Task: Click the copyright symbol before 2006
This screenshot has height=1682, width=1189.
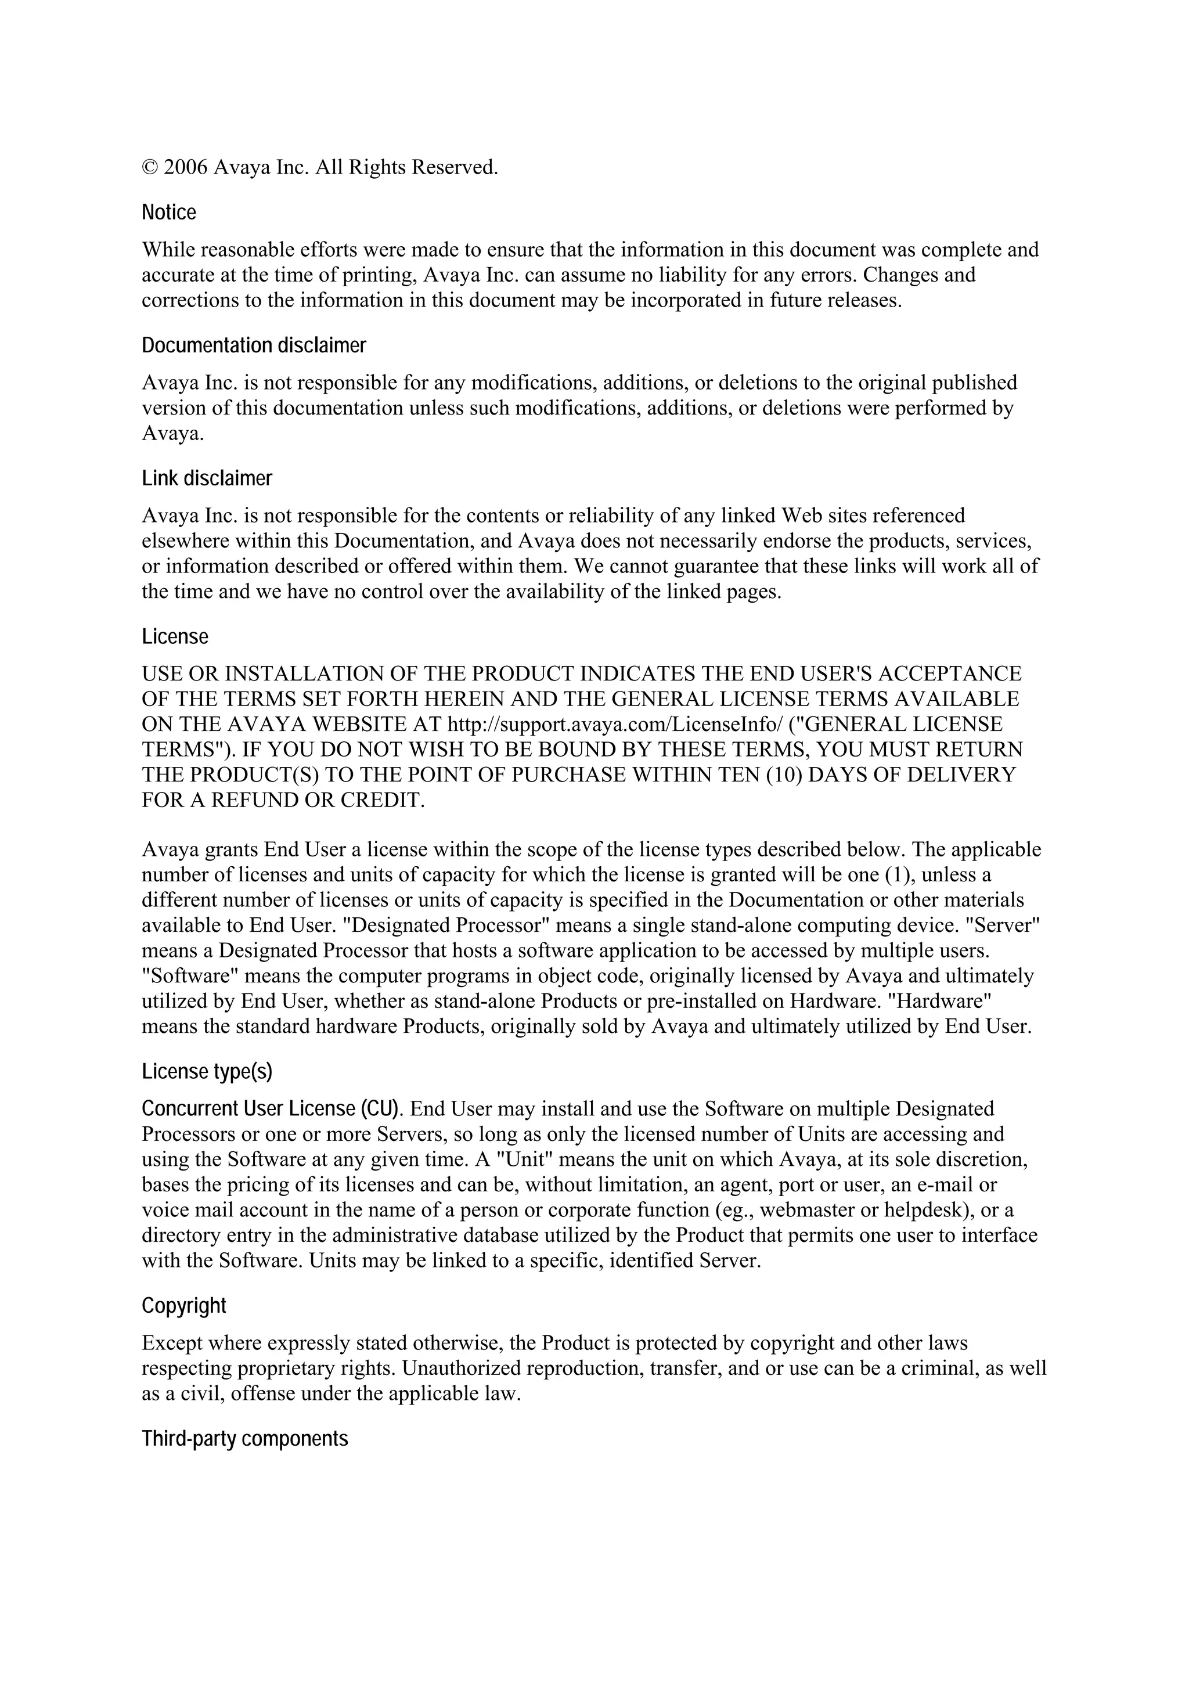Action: click(149, 168)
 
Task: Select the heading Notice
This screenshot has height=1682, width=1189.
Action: click(168, 212)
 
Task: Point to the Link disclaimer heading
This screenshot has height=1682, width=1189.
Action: click(207, 478)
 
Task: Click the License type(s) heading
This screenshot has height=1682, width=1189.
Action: click(207, 1072)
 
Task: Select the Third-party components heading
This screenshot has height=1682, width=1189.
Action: click(244, 1439)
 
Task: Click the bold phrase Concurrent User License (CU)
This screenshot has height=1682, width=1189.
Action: click(271, 1108)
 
